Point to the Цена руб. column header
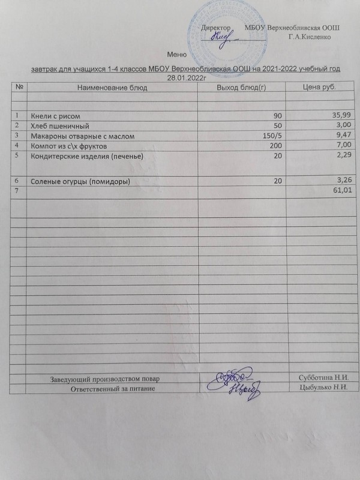(319, 88)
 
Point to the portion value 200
(276, 146)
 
